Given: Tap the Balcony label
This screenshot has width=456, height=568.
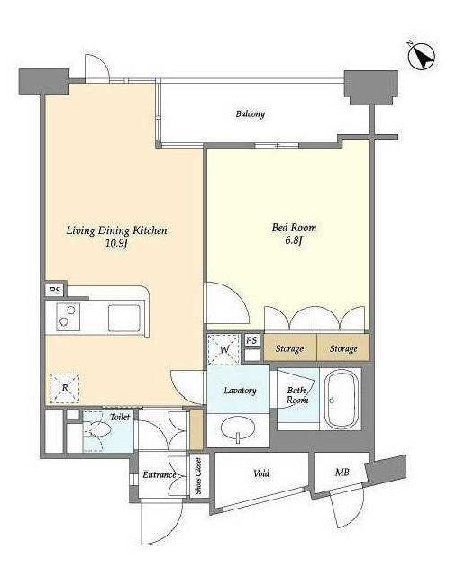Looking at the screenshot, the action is coord(251,113).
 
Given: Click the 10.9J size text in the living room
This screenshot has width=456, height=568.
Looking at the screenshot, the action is coord(116,243).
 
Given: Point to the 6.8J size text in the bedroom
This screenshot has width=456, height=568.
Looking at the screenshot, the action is coord(294,240).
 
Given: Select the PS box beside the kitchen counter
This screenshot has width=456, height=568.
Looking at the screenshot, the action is coord(55,290).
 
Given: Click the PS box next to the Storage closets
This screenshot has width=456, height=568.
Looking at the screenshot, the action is coord(251,340).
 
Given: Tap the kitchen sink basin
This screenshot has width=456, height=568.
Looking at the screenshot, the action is coord(124,318).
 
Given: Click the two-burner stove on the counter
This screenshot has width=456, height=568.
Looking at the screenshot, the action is coord(68,317).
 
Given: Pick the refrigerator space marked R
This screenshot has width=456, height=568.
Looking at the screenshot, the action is coord(65,388).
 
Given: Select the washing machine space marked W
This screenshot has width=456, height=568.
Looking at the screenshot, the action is coord(223,349).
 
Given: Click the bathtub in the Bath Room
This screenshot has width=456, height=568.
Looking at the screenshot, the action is coord(342,399).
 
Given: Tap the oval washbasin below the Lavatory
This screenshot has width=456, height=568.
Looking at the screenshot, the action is coord(238,429).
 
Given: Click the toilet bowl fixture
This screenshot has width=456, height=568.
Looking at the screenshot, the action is coord(96,429).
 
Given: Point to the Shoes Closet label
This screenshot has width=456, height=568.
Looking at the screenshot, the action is coord(198,476).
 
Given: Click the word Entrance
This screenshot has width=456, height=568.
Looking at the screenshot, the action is coord(159,474).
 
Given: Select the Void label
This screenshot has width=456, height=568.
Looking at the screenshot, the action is coord(261,473).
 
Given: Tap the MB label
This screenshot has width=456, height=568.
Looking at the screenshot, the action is coord(342,473).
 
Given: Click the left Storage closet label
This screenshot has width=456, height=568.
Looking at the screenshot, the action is coord(289,348).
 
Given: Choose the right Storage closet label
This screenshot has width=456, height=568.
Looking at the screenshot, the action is coord(343,348).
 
